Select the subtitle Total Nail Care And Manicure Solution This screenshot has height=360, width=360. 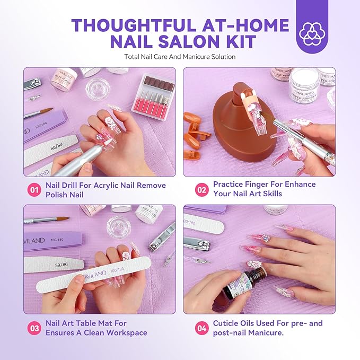[180, 56]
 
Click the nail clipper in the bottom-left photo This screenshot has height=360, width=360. [161, 236]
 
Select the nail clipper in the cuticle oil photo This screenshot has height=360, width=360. [197, 244]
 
